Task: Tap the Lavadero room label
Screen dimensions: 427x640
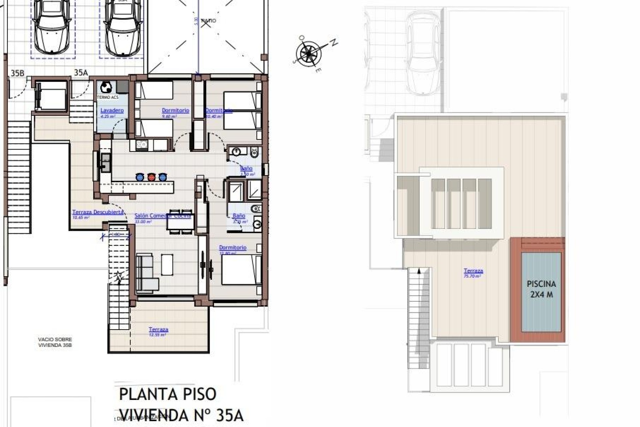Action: pyautogui.click(x=112, y=110)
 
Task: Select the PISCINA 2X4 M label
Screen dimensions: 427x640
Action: pyautogui.click(x=541, y=289)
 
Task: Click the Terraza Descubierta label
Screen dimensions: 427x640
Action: pyautogui.click(x=98, y=212)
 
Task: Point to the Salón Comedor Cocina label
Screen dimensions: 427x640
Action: pyautogui.click(x=162, y=216)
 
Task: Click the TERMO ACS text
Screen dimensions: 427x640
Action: pyautogui.click(x=107, y=97)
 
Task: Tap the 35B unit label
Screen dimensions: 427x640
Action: pyautogui.click(x=17, y=73)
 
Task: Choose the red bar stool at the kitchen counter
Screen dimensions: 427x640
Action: pyautogui.click(x=151, y=177)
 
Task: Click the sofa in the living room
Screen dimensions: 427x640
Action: pyautogui.click(x=146, y=272)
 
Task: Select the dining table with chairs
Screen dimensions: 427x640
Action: pyautogui.click(x=180, y=221)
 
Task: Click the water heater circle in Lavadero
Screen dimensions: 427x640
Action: pyautogui.click(x=106, y=87)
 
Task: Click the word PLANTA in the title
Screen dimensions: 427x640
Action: pyautogui.click(x=147, y=395)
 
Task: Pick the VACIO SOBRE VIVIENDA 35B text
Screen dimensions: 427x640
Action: pyautogui.click(x=55, y=342)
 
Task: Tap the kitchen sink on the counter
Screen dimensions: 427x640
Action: pyautogui.click(x=105, y=162)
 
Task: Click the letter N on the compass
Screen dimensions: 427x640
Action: pyautogui.click(x=334, y=43)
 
